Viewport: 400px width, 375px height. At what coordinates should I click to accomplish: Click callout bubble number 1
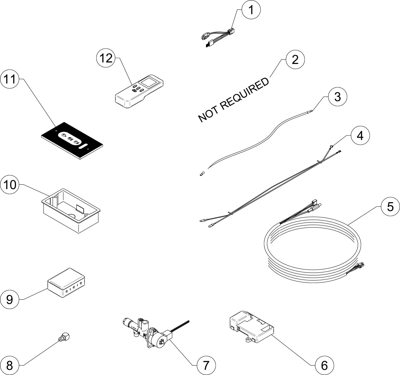251,10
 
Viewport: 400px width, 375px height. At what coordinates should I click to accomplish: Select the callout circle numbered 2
295,60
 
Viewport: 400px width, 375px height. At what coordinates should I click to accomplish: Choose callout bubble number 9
10,300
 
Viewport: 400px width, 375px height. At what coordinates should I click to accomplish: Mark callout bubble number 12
106,59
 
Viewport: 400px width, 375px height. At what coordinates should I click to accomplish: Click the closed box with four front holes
68,283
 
